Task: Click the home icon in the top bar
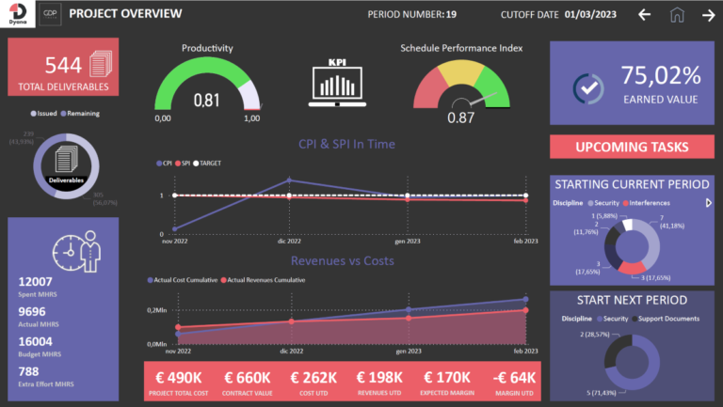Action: tap(676, 14)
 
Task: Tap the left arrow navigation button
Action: tap(644, 14)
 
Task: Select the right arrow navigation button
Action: tap(708, 14)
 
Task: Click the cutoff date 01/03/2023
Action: tap(597, 14)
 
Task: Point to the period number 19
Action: tap(451, 14)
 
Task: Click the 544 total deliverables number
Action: tap(63, 65)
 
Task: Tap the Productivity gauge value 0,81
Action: tap(207, 100)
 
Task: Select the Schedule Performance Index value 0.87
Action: tap(460, 117)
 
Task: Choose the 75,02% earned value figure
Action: tap(661, 75)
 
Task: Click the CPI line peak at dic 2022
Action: tap(289, 180)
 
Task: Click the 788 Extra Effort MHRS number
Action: tap(30, 372)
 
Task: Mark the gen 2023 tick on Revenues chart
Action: tap(408, 351)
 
